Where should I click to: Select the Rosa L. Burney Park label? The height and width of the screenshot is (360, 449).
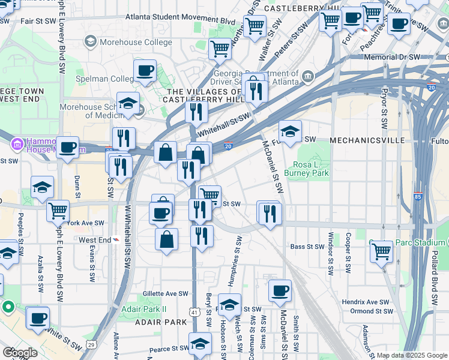click(311, 169)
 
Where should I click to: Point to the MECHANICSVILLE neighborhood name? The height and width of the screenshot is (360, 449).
click(359, 139)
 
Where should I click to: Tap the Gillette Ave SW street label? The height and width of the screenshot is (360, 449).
click(165, 294)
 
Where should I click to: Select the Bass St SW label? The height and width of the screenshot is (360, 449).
click(307, 247)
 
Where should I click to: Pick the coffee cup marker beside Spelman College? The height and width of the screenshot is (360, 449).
click(145, 71)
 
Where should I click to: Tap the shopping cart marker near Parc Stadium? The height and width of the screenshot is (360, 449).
click(381, 251)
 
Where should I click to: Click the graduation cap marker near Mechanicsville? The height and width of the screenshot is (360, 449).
click(290, 131)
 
